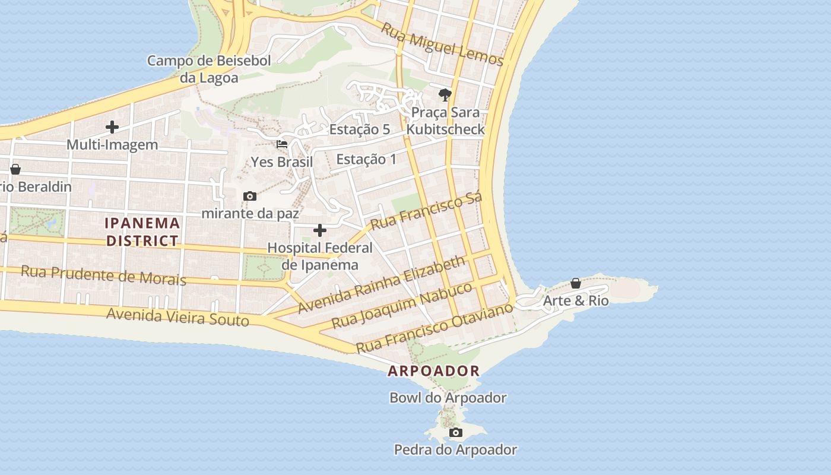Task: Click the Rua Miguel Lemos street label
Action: click(442, 45)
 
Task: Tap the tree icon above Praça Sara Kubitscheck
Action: click(445, 94)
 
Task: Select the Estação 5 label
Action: click(360, 129)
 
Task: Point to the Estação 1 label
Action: click(366, 159)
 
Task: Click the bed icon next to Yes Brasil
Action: click(282, 144)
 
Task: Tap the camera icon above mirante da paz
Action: click(250, 196)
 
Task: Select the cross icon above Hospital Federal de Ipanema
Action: click(320, 230)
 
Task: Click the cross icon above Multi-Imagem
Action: click(112, 127)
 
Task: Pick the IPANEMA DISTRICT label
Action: click(142, 232)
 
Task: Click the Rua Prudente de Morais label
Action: click(103, 275)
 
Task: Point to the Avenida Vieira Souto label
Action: click(177, 317)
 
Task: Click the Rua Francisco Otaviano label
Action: click(434, 327)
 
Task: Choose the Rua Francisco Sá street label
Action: click(426, 211)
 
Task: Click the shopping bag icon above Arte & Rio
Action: click(575, 283)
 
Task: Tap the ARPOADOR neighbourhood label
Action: click(433, 371)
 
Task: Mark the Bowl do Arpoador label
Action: click(448, 398)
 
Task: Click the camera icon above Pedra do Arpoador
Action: click(455, 432)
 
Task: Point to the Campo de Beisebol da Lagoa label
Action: click(209, 69)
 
